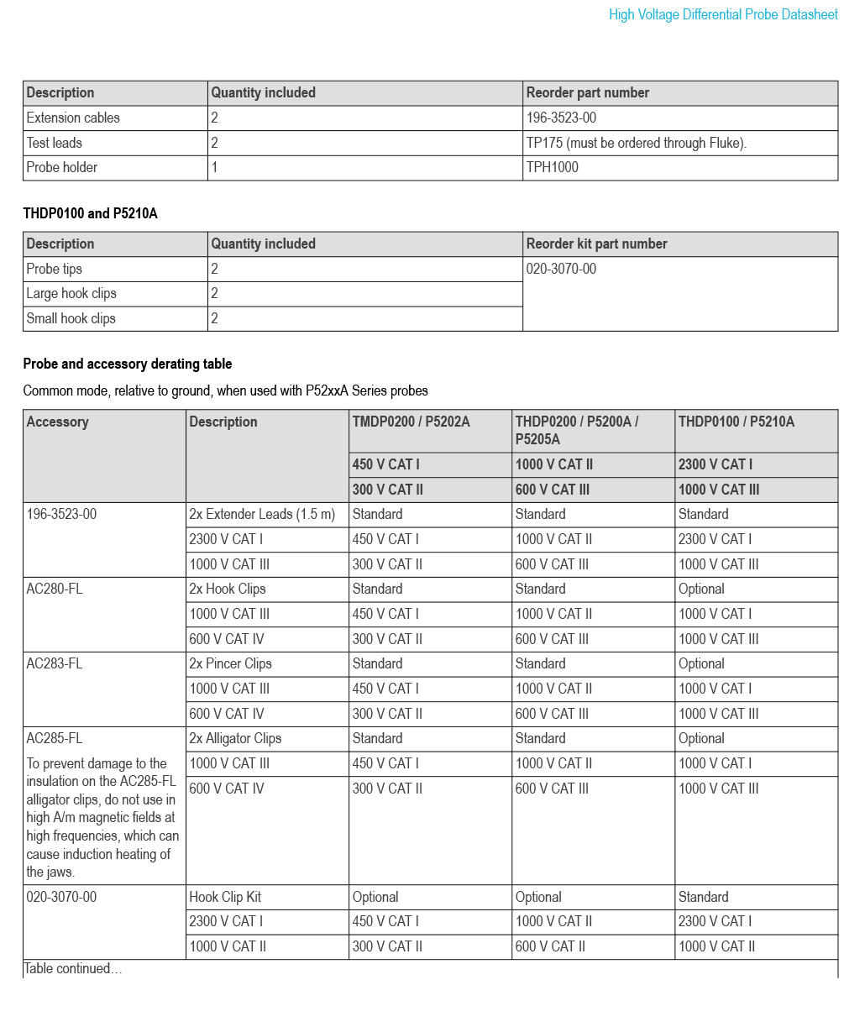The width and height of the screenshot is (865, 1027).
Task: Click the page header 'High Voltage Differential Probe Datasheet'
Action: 723,14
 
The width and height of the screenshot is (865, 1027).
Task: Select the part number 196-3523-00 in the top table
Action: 561,118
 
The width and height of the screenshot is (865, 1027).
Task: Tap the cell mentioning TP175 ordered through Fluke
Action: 636,143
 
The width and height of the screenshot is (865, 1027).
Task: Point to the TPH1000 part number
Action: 552,167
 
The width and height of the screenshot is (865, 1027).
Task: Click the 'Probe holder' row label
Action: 61,167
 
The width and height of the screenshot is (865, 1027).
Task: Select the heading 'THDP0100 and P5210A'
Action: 90,213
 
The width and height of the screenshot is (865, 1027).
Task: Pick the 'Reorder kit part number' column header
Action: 596,244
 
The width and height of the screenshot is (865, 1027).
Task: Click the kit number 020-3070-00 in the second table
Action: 561,269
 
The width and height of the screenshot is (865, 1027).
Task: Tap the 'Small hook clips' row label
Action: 71,318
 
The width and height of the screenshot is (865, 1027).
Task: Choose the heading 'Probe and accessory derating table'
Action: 127,364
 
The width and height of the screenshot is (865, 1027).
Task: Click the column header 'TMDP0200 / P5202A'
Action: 411,422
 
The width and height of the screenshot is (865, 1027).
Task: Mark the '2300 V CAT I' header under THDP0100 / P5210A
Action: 715,464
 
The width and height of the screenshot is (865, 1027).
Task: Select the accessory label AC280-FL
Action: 55,589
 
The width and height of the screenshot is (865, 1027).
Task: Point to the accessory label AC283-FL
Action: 55,663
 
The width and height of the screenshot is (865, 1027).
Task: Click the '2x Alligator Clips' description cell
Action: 235,738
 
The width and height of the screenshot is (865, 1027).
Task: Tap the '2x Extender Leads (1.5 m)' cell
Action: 261,514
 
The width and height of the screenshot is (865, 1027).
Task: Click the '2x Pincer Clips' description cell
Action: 230,663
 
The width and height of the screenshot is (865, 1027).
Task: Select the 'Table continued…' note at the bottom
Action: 72,968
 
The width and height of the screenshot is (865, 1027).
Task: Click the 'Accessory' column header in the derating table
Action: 57,422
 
